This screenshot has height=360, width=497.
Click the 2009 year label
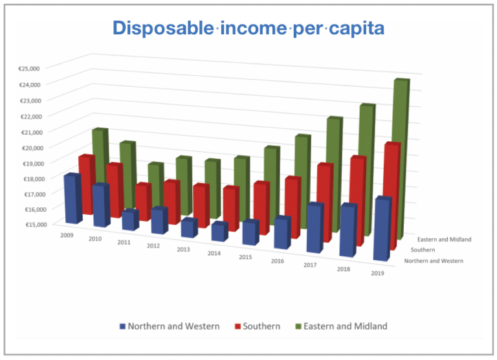coord(67,235)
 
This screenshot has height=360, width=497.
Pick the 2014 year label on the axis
coord(214,253)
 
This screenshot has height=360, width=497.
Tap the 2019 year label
coord(379,273)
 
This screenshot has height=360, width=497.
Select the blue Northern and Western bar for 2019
coord(383,230)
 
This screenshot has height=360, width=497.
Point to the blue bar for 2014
coord(219,232)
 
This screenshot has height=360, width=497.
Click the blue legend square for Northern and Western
coord(121,326)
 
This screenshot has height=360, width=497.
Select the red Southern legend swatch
coord(237,326)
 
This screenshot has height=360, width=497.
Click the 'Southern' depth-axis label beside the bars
coord(423,249)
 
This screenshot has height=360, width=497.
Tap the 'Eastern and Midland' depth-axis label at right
coord(445,239)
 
